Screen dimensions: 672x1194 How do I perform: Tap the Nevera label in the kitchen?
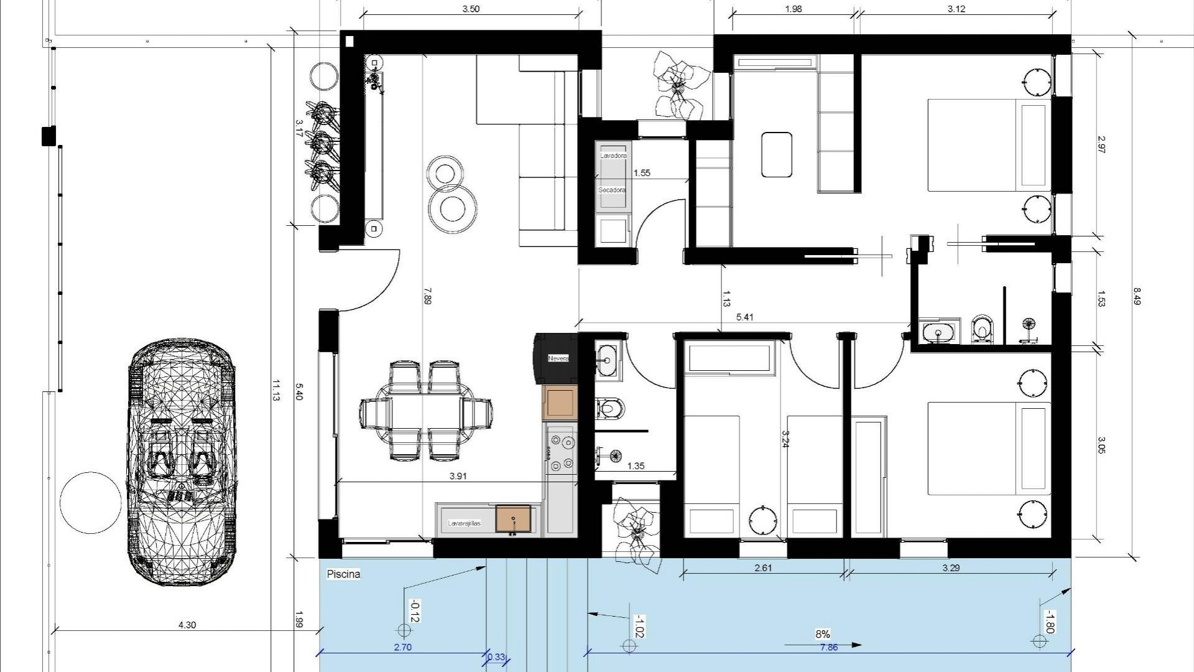click(x=558, y=358)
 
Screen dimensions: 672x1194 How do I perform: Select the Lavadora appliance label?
click(x=613, y=156)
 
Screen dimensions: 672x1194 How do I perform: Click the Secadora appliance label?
click(x=611, y=190)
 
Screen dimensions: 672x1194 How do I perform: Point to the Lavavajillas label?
click(x=465, y=523)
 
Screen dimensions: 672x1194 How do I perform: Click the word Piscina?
click(x=343, y=574)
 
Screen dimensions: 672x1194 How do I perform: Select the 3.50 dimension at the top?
click(x=471, y=9)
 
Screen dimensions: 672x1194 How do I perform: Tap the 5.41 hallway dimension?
click(x=744, y=317)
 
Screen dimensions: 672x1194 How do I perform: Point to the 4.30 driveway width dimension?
click(x=187, y=625)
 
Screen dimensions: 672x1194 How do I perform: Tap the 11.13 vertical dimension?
click(x=275, y=390)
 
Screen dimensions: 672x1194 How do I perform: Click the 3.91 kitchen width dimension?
click(x=458, y=476)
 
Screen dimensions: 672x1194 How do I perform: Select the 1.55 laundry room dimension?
click(x=641, y=173)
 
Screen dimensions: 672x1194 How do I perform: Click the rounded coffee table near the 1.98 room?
click(x=777, y=154)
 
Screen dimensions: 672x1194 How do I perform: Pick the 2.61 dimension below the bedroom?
click(x=763, y=567)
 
